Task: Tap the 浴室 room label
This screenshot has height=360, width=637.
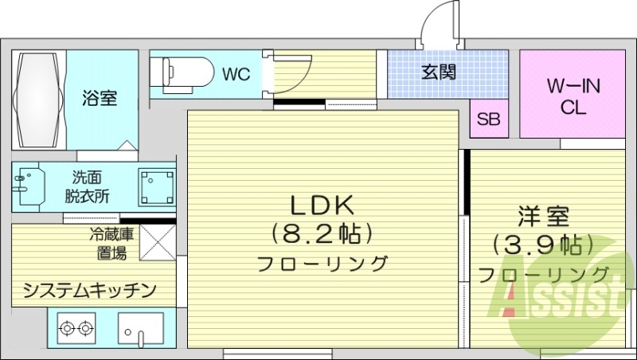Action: click(x=100, y=99)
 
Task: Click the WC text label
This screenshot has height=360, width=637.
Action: click(x=236, y=75)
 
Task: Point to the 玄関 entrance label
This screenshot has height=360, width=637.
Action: click(x=439, y=73)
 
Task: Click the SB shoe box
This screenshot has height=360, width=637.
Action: click(x=488, y=120)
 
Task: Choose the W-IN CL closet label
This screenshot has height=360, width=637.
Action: click(x=572, y=96)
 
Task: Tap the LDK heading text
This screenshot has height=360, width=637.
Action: click(x=322, y=205)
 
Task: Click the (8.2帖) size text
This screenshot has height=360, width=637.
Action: click(x=322, y=234)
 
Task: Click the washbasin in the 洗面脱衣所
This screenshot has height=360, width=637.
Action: click(x=28, y=187)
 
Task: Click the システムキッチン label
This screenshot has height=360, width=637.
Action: click(x=89, y=289)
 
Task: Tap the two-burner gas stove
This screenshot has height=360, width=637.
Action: click(x=76, y=327)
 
